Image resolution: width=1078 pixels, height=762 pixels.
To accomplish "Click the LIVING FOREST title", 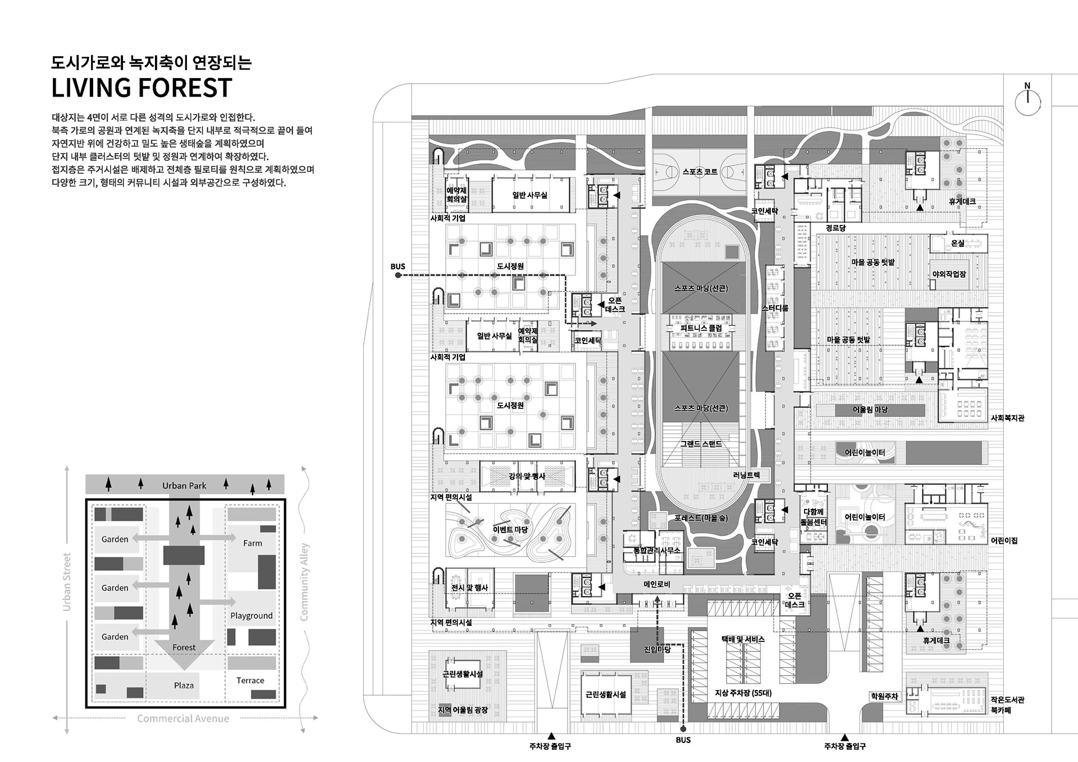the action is pos(141,88).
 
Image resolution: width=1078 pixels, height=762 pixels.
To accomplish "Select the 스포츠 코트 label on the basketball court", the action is pos(700,171).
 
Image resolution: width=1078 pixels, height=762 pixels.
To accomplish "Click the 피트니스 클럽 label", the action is pos(701,328).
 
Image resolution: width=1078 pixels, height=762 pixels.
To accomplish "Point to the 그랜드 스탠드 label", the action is pos(701,444).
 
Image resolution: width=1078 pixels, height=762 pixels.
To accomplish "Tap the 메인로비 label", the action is pos(657,584).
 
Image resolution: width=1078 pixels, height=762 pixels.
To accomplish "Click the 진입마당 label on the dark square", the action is pos(657,650).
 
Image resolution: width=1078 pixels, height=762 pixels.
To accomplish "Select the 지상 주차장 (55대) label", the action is pos(743,693).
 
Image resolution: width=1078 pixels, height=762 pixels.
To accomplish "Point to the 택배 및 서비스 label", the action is pos(743,639).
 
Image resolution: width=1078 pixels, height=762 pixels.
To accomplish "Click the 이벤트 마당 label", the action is pos(510,529).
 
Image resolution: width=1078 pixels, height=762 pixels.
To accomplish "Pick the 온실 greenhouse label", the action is pos(957,243).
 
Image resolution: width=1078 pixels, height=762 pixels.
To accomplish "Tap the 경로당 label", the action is pos(835,228).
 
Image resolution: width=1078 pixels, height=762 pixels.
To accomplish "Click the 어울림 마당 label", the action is pos(870,410).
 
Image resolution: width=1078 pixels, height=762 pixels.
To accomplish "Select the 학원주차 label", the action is pos(884,696).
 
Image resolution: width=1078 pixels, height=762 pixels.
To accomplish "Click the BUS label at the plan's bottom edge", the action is pos(683,740).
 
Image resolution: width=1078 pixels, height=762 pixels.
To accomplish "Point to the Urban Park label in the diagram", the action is pos(184,485).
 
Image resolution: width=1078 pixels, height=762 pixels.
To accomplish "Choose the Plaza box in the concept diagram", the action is pos(184,685).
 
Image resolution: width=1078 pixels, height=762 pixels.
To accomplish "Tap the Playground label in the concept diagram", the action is pos(251,616).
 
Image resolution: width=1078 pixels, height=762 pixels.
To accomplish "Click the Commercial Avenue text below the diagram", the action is pos(183,718).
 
